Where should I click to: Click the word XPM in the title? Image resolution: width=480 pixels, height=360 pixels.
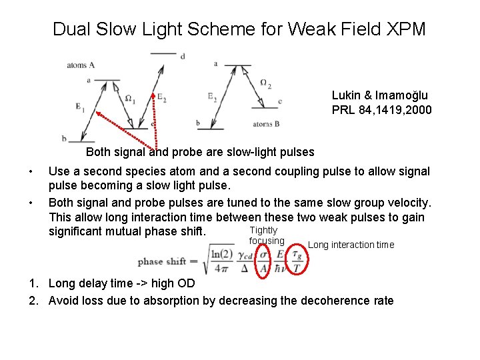click(406, 29)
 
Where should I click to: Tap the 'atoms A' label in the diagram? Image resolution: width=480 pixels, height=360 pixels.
click(81, 65)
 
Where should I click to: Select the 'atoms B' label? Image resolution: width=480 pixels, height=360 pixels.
click(267, 125)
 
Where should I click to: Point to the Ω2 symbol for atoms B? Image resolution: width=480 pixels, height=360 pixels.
click(265, 84)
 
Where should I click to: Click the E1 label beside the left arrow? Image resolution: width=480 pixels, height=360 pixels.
click(81, 107)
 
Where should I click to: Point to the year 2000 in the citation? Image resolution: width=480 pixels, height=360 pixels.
click(419, 109)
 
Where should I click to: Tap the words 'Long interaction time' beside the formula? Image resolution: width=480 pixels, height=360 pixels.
click(351, 245)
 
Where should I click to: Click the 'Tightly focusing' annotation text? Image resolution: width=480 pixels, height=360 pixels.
click(266, 235)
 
